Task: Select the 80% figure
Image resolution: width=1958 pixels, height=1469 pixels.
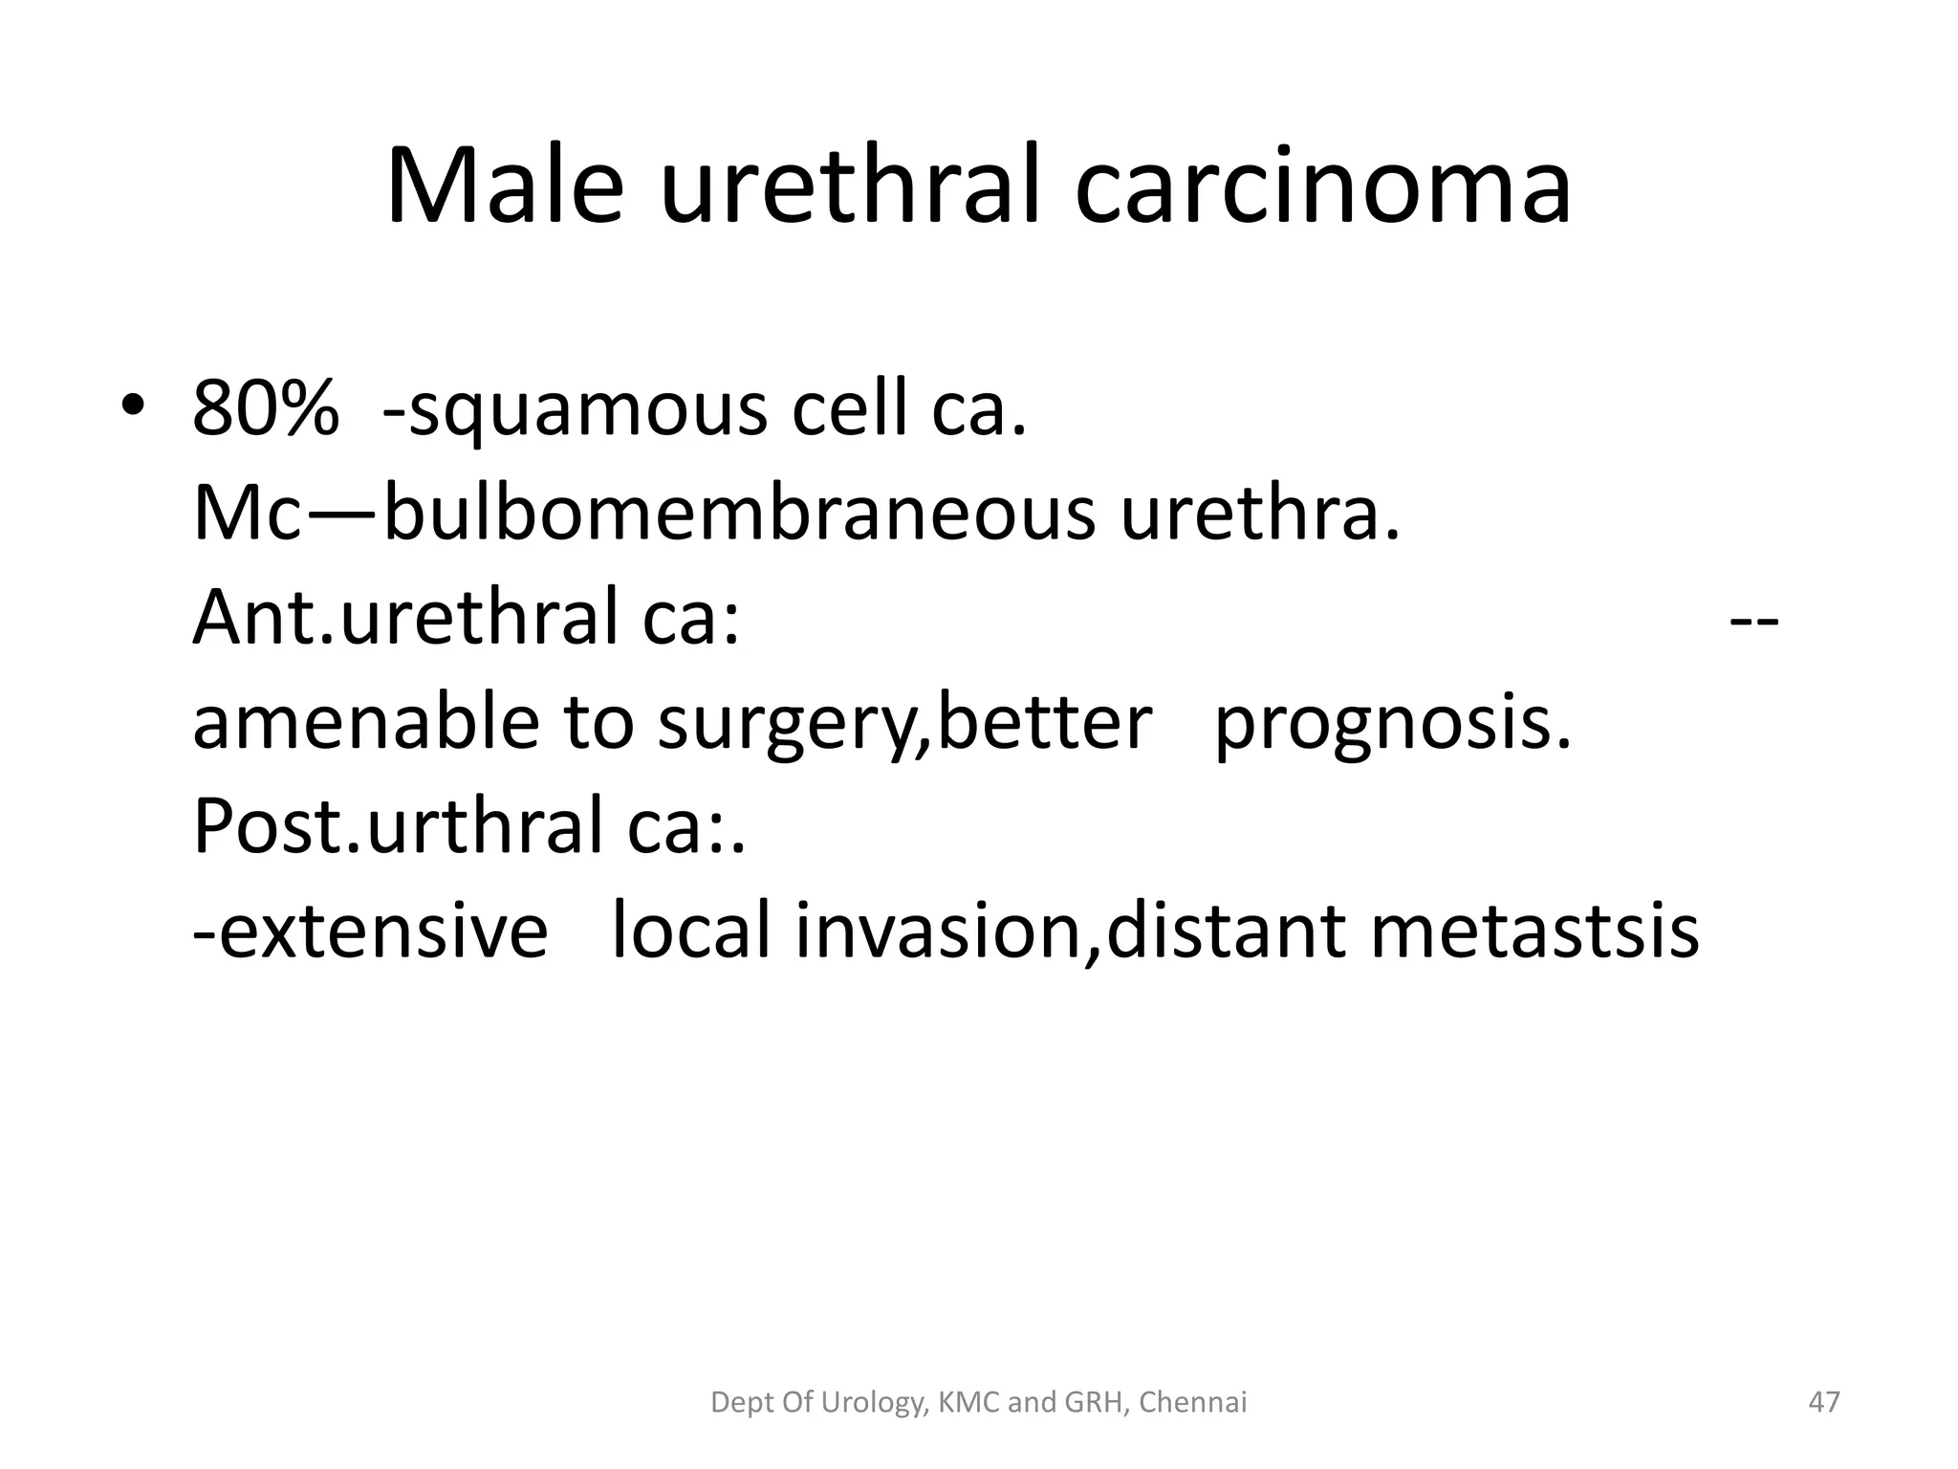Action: point(265,409)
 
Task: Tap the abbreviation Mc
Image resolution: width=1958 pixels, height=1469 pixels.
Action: point(248,515)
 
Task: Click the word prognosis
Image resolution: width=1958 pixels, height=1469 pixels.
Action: point(1392,723)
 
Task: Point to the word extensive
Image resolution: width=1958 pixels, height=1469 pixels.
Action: point(371,930)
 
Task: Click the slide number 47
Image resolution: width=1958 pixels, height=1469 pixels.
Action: point(1824,1403)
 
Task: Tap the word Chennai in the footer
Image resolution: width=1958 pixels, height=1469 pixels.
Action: point(1193,1403)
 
